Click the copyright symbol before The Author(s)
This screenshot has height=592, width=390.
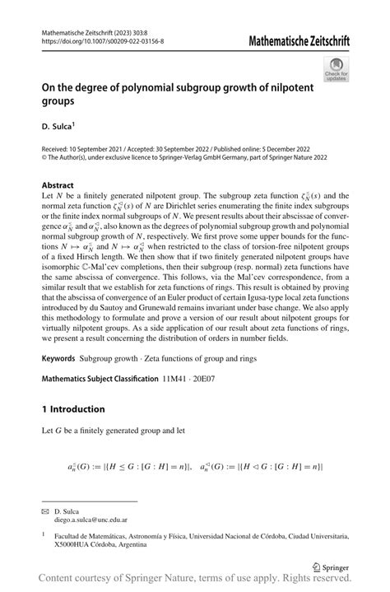tap(44, 160)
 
